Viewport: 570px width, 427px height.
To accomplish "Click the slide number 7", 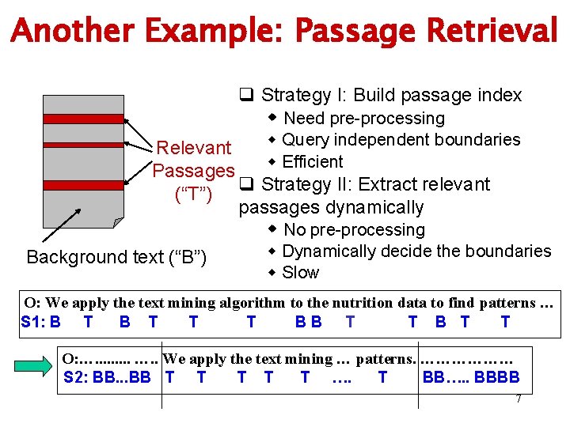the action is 519,399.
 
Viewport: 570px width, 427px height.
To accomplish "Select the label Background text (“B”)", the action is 116,257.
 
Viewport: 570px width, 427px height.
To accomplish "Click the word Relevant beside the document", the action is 194,148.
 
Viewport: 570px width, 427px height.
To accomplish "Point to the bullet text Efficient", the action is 312,162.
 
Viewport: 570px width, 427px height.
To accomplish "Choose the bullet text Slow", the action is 300,273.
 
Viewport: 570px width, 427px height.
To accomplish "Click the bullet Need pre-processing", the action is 363,119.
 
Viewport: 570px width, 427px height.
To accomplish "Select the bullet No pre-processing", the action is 353,230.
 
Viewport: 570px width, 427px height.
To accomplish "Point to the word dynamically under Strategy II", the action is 377,208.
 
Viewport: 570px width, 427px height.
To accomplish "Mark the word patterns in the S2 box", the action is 385,359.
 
